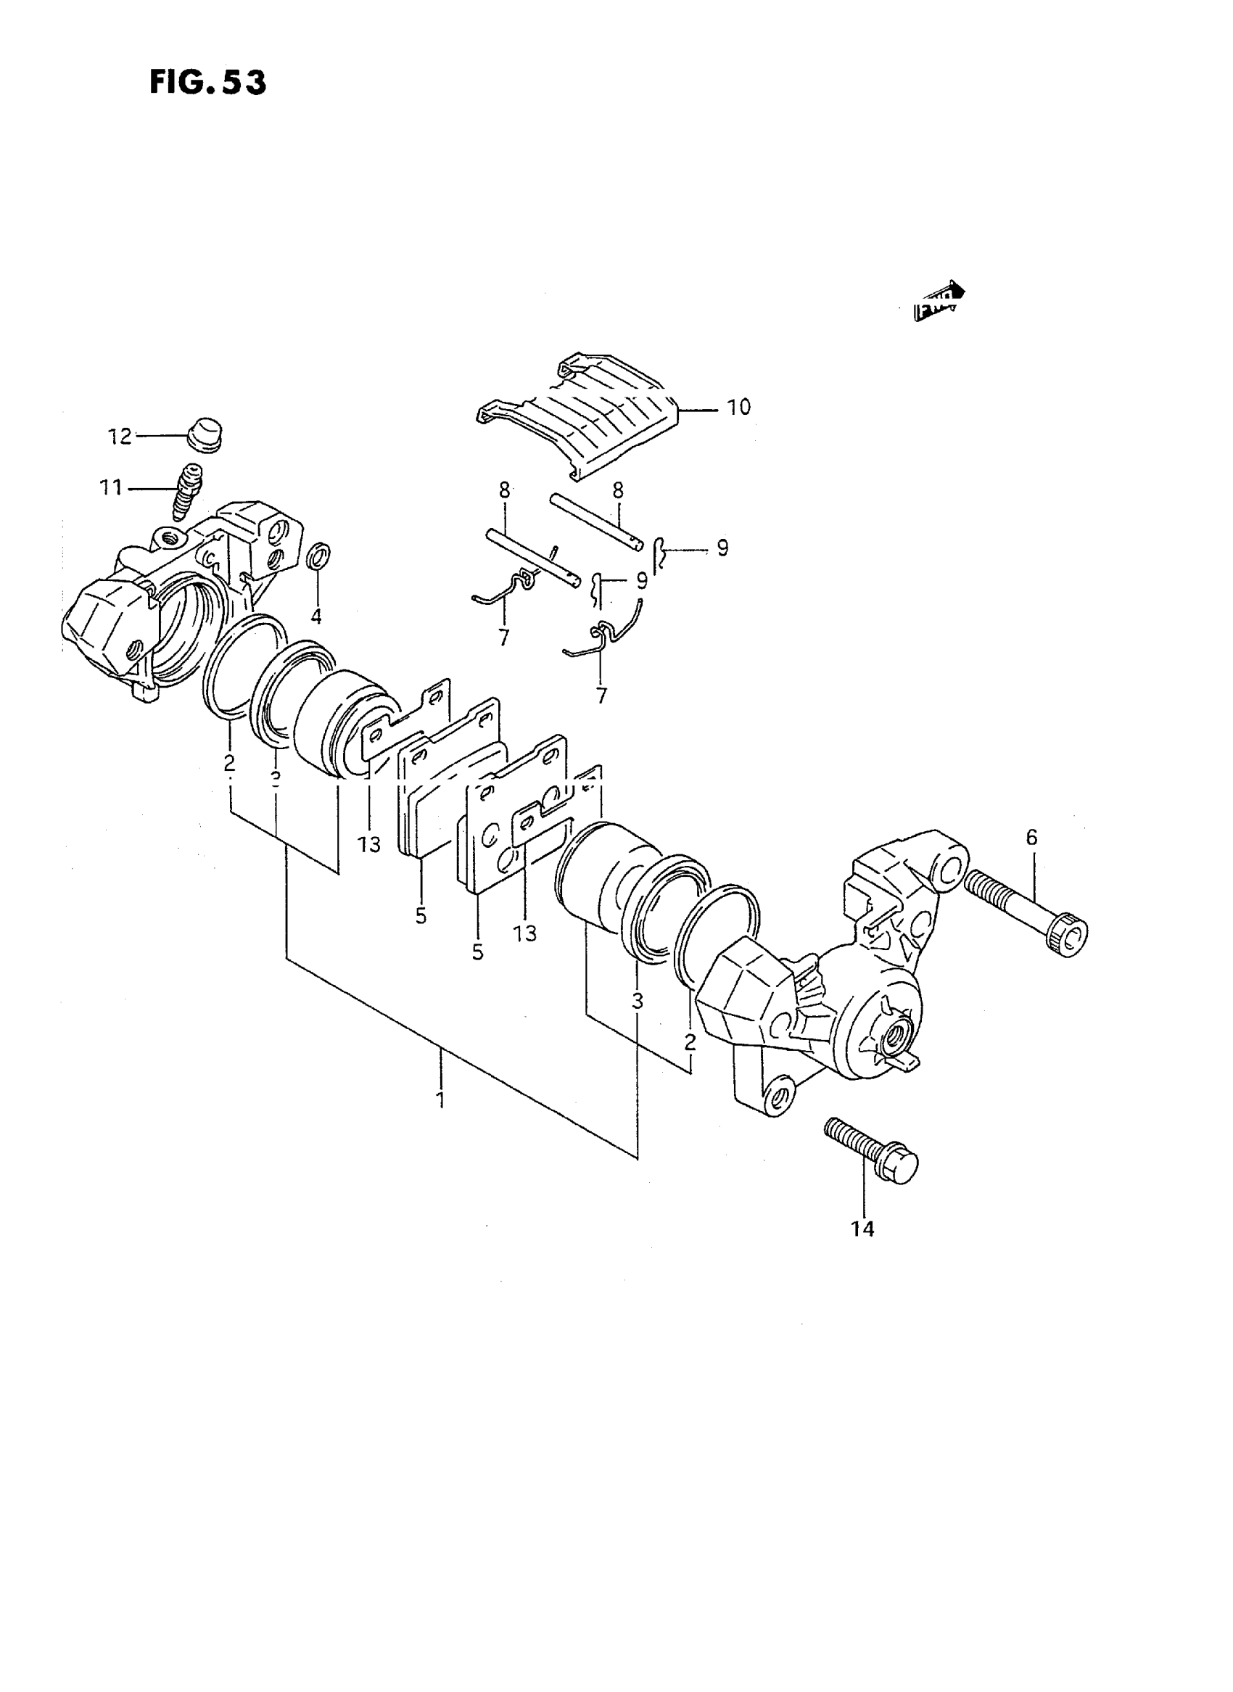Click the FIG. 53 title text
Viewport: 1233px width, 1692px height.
pyautogui.click(x=207, y=82)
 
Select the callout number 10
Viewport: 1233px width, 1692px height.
pyautogui.click(x=738, y=408)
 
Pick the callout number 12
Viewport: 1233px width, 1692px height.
pyautogui.click(x=120, y=437)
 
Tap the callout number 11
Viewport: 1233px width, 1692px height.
pyautogui.click(x=111, y=488)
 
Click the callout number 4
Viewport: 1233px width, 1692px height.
pyautogui.click(x=316, y=616)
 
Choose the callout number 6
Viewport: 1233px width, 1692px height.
pyautogui.click(x=1031, y=838)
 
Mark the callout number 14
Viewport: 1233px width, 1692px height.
pyautogui.click(x=862, y=1229)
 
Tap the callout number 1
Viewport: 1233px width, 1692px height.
pyautogui.click(x=440, y=1099)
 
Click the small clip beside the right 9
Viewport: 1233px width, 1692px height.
pyautogui.click(x=657, y=556)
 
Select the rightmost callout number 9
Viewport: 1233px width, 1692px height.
pyautogui.click(x=722, y=548)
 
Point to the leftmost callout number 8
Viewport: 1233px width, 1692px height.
pyautogui.click(x=505, y=490)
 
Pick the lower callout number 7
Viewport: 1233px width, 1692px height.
pyautogui.click(x=601, y=696)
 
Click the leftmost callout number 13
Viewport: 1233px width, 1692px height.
pyautogui.click(x=368, y=844)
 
